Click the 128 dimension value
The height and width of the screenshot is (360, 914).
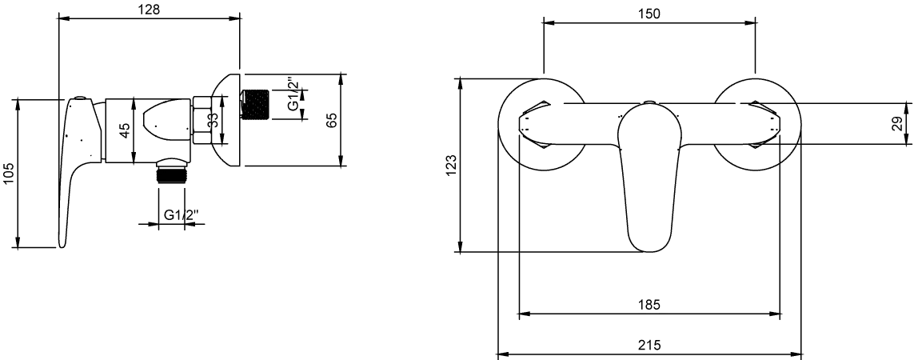[x=150, y=10]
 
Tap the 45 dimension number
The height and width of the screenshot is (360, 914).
[x=125, y=130]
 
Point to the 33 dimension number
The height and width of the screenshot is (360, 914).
[x=214, y=121]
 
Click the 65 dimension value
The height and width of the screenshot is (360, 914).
[x=331, y=121]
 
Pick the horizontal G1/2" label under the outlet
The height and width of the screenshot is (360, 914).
[x=181, y=215]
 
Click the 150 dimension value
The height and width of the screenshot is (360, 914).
[x=649, y=14]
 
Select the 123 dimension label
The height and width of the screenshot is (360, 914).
[x=451, y=166]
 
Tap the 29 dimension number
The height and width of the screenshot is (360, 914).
[x=898, y=123]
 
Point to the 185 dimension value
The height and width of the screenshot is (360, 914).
[x=649, y=305]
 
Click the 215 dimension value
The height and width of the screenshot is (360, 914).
[x=649, y=345]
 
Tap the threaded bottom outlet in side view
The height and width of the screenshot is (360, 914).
[x=171, y=174]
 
